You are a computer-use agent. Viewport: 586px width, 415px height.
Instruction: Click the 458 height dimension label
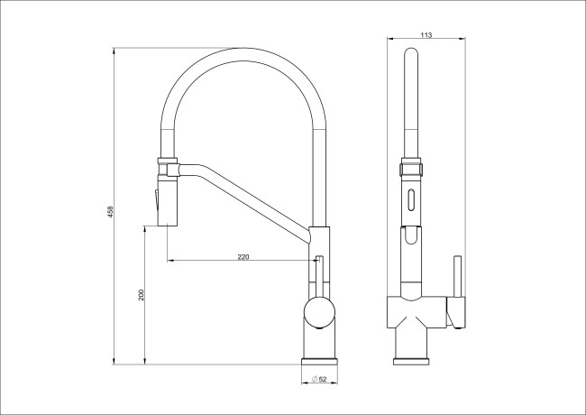110,212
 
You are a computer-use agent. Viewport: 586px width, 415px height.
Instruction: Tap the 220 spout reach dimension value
243,257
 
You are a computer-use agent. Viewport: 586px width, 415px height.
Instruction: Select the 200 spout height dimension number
142,295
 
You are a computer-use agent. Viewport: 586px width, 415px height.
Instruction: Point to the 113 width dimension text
426,35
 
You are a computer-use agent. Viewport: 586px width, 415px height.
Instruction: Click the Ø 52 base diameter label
319,379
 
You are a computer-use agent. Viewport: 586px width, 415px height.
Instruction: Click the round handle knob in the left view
319,313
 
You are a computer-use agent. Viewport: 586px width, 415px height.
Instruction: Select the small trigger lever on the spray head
156,201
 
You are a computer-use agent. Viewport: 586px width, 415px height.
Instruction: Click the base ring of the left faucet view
319,361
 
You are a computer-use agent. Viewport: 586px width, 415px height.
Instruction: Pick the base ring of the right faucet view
411,362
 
